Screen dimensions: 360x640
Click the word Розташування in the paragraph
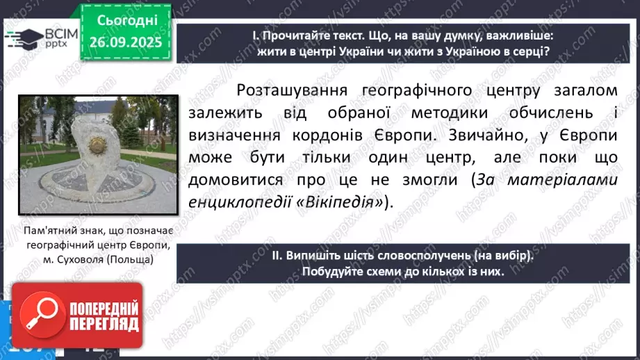pos(294,91)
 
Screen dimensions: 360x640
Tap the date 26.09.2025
pos(125,42)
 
